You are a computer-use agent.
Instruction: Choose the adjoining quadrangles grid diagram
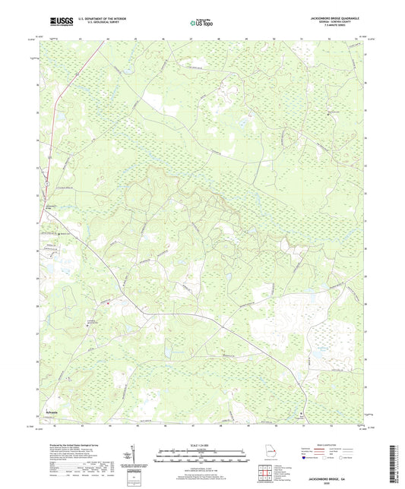point(266,476)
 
